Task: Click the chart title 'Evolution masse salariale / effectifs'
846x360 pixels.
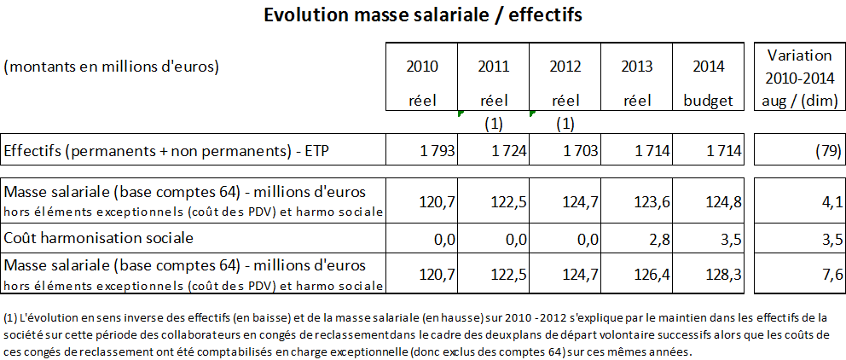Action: coord(423,16)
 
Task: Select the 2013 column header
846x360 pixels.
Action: coord(637,66)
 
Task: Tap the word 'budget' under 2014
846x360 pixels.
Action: coord(708,100)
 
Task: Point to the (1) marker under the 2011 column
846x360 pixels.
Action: coord(493,123)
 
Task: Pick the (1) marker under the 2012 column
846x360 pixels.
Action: coord(565,123)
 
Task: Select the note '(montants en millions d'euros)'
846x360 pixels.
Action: coord(112,66)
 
